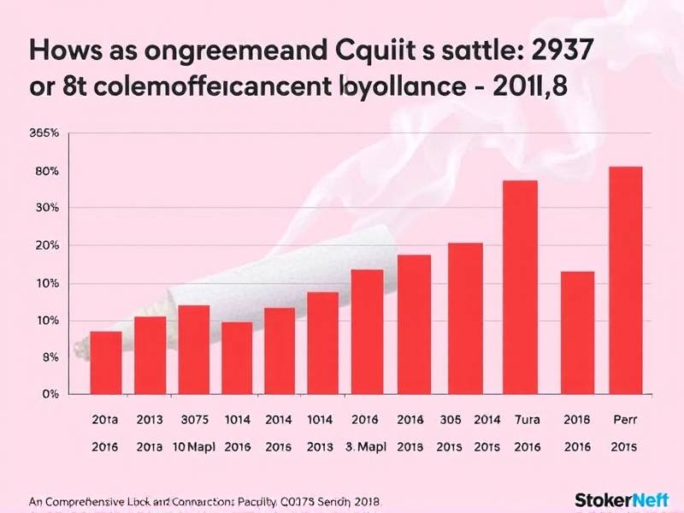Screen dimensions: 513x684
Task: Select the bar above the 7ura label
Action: (520, 287)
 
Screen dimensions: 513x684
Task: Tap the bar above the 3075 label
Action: (193, 350)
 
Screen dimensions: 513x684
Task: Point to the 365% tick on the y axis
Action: (44, 133)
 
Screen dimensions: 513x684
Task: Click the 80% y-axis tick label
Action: (46, 171)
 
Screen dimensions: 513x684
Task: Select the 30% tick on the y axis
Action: (46, 208)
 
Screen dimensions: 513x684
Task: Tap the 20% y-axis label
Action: (46, 245)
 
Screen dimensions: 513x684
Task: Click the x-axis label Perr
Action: (625, 421)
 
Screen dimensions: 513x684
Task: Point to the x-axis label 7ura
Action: (520, 421)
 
